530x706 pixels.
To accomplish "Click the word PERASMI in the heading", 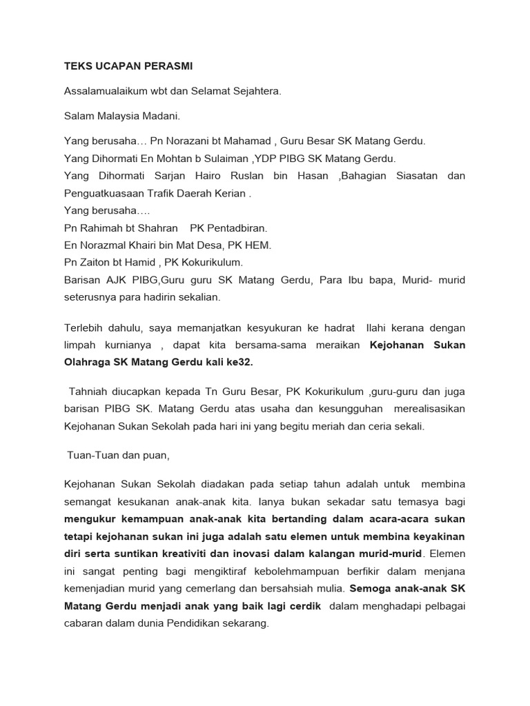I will [x=167, y=67].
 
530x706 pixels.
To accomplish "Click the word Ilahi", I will [x=380, y=328].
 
